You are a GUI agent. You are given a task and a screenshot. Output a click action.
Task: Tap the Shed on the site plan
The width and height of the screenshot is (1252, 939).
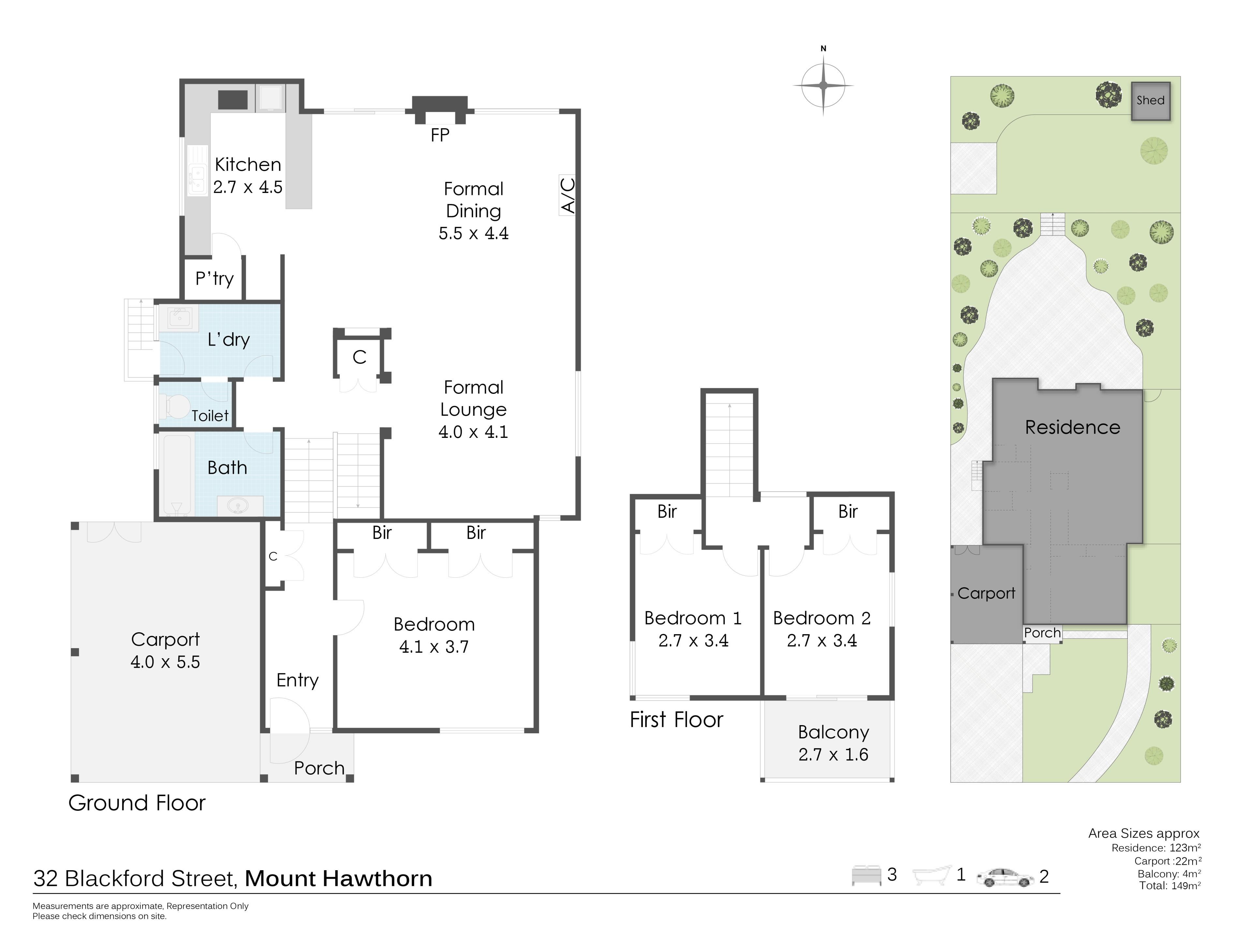(x=1150, y=101)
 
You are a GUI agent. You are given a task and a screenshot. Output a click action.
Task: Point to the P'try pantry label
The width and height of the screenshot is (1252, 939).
(x=215, y=278)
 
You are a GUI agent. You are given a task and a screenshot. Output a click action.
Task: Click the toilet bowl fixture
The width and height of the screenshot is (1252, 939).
(x=177, y=406)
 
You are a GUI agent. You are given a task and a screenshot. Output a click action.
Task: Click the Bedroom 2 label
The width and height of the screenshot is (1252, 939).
(x=822, y=618)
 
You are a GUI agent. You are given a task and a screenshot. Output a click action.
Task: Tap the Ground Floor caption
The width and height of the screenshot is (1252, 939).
(x=137, y=803)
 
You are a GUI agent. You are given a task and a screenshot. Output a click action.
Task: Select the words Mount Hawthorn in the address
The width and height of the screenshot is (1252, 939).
(x=338, y=878)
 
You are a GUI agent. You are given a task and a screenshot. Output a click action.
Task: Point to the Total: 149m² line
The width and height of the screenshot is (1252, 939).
(x=1170, y=886)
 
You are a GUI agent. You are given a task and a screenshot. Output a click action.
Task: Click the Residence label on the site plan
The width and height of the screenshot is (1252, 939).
(x=1073, y=427)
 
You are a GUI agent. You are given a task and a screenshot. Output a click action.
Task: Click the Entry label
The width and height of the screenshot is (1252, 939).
(x=297, y=680)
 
